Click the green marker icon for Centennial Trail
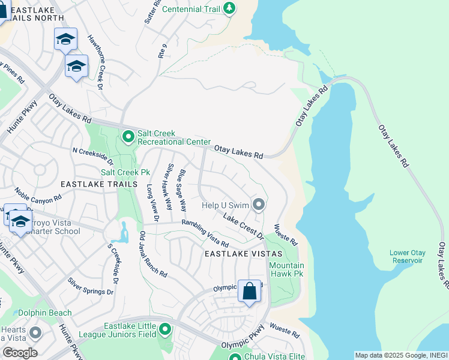229,8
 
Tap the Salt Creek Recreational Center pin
128,137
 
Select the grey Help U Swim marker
259,205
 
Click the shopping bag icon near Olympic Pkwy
250,292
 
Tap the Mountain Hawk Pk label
286,270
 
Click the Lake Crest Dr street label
244,226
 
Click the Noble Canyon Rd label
38,196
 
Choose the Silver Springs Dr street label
90,286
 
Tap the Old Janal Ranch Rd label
153,254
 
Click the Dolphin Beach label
45,313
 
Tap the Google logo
20,353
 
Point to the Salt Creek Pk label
125,172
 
